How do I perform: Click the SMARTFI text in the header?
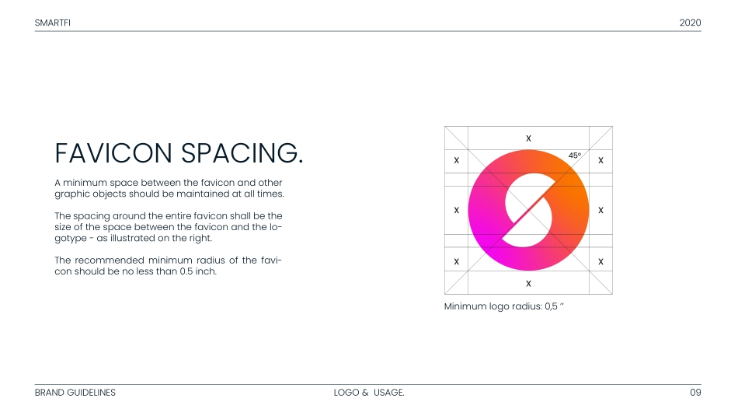[53, 23]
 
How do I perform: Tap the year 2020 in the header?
[690, 23]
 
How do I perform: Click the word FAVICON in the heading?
[113, 153]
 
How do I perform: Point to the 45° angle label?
[575, 155]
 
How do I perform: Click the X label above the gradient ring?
[528, 138]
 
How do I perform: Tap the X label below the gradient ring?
[528, 284]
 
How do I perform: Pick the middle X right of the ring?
[600, 210]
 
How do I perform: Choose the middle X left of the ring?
[457, 210]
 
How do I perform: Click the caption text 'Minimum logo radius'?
[493, 306]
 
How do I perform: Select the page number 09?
[695, 393]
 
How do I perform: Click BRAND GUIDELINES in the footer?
[75, 393]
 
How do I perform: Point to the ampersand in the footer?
[365, 393]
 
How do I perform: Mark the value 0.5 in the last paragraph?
[186, 271]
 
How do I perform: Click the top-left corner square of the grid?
[457, 138]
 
